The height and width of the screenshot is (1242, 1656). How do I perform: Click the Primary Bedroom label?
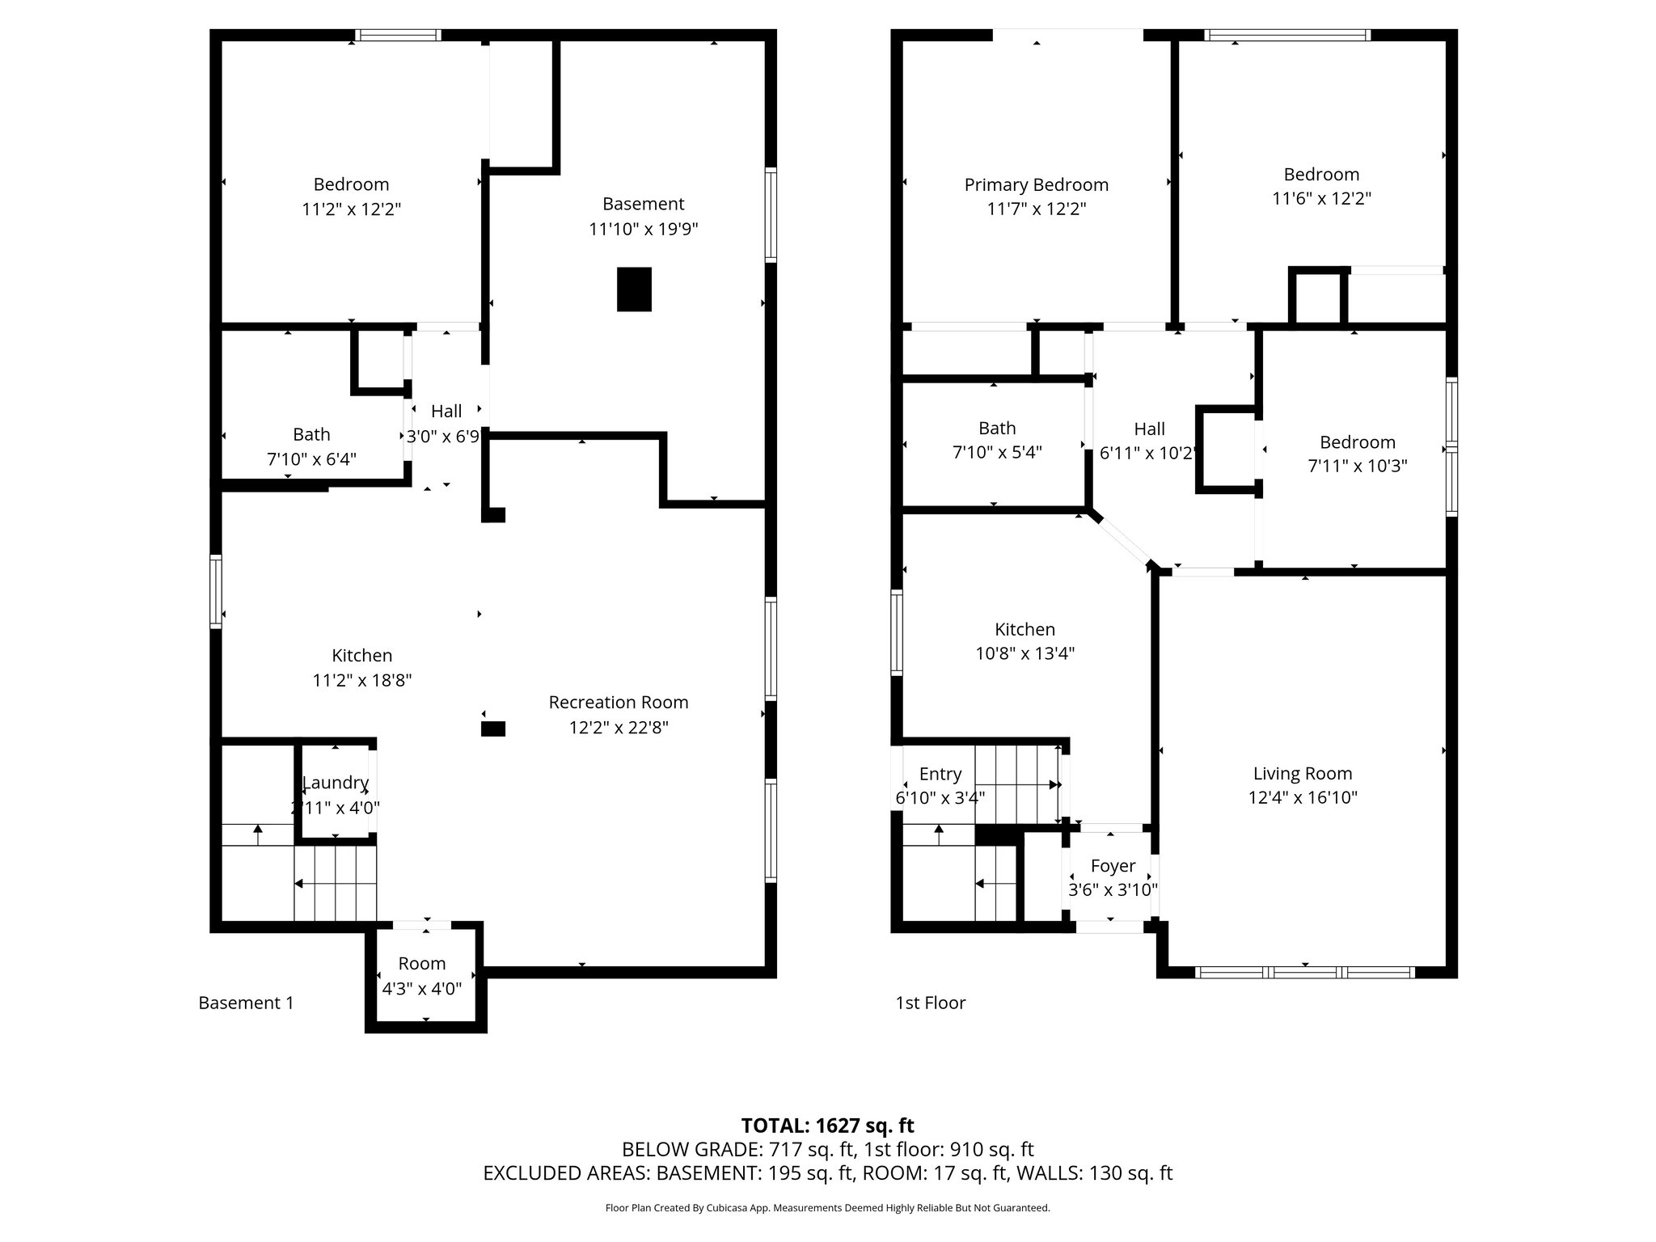[1036, 185]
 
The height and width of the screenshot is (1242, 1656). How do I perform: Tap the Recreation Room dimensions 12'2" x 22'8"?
[619, 728]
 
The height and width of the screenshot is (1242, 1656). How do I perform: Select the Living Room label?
[1303, 774]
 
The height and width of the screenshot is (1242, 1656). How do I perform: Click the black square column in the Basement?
[634, 289]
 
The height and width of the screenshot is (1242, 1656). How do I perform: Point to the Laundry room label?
[336, 783]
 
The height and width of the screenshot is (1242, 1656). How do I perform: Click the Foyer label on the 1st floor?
[1113, 866]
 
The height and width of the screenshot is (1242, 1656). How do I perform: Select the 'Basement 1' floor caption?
[246, 1003]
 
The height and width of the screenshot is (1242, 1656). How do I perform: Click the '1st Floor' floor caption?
[931, 1003]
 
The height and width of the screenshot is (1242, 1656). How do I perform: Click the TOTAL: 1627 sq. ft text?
[827, 1126]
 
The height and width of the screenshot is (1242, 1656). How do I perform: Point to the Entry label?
[940, 775]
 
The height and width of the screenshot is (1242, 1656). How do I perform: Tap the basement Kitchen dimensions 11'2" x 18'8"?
[362, 681]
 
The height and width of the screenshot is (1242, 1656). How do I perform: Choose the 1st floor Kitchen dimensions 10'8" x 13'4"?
[1024, 653]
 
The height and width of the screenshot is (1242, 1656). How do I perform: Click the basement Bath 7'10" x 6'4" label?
[311, 446]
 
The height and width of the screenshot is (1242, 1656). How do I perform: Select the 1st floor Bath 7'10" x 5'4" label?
[997, 440]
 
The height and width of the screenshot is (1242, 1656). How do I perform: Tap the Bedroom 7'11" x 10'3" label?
[1358, 454]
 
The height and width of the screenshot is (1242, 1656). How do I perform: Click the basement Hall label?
[446, 412]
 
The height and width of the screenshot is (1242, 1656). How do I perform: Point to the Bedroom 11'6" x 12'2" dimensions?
[1321, 199]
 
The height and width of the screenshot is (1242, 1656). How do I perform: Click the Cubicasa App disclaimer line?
[827, 1208]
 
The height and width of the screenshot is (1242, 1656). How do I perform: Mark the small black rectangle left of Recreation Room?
[493, 729]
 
